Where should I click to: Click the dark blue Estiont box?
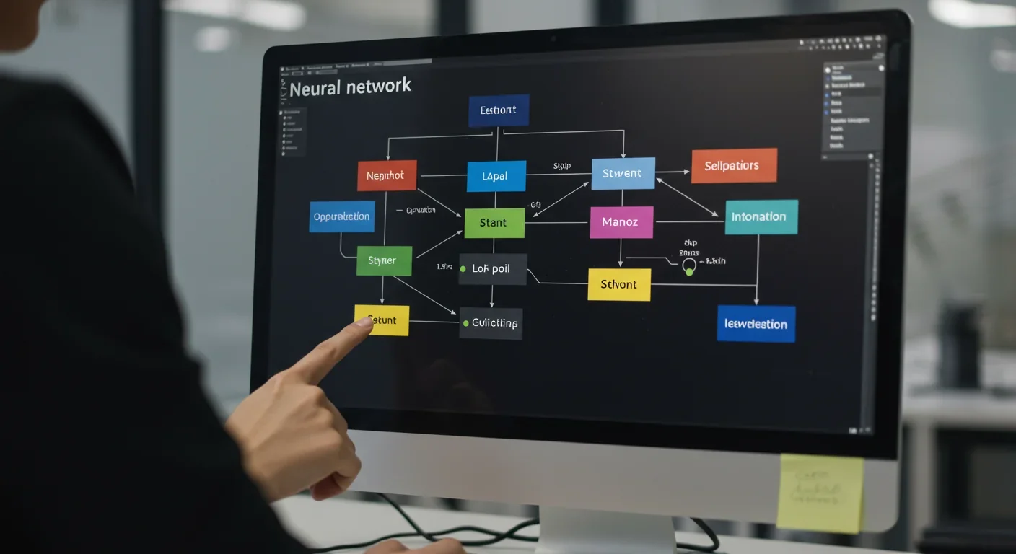click(x=498, y=110)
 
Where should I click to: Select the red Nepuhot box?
click(x=387, y=175)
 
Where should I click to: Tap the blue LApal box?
click(x=496, y=176)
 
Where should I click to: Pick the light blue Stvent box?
click(x=623, y=173)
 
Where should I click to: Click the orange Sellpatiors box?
click(x=734, y=166)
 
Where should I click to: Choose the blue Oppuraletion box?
click(x=341, y=216)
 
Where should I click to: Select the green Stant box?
click(x=494, y=223)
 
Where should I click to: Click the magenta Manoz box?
click(x=621, y=222)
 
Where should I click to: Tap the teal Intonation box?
click(x=761, y=216)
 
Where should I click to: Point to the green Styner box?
click(x=384, y=260)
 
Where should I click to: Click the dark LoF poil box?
click(x=492, y=268)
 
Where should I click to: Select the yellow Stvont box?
click(x=619, y=284)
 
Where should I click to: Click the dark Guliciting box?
click(x=491, y=323)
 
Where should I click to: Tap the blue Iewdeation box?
click(x=756, y=323)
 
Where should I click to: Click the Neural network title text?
click(x=350, y=87)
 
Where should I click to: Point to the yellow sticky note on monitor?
click(x=820, y=492)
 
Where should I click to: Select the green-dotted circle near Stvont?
click(x=688, y=268)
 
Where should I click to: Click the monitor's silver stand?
click(x=606, y=531)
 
